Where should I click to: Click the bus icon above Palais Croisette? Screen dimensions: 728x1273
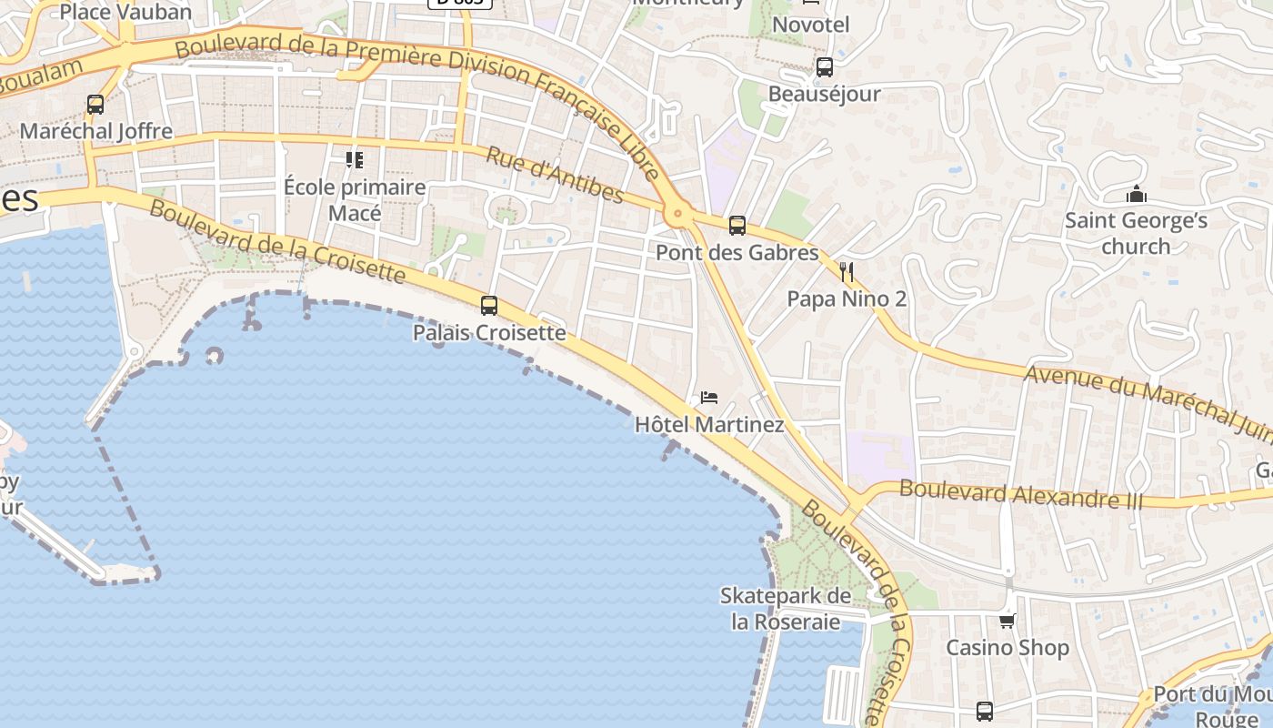(489, 306)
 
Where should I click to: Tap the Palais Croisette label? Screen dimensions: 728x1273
(489, 333)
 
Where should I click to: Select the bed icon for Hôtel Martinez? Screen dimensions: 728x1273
(709, 398)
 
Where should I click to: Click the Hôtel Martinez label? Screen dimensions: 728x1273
(709, 425)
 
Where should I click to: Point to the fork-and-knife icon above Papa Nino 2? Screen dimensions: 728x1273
(847, 272)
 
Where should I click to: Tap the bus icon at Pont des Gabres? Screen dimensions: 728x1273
(737, 226)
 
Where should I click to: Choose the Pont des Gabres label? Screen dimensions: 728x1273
(737, 253)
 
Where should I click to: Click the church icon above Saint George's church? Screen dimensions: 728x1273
(1136, 194)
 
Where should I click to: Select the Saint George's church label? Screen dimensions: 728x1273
(1136, 233)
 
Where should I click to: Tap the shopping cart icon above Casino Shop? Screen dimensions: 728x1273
(1007, 622)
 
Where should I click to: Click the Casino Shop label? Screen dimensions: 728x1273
(1007, 648)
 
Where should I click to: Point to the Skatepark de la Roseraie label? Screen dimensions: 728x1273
(786, 609)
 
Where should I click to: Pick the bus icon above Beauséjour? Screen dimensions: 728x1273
(825, 67)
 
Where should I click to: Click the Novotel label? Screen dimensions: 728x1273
(810, 25)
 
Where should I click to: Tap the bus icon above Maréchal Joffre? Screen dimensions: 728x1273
(95, 105)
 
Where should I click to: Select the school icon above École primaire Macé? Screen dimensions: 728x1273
(355, 161)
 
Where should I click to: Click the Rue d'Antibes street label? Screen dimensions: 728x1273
(555, 175)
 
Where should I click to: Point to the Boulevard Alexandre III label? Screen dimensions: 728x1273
(1019, 493)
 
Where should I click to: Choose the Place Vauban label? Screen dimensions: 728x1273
(126, 12)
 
